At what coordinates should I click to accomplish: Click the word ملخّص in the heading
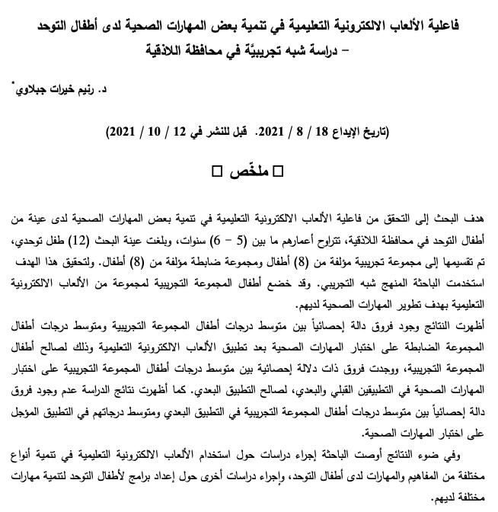coord(246,168)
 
